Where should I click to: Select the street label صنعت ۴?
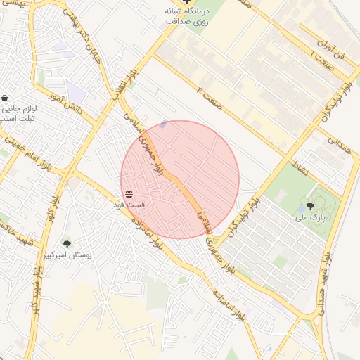tap(210, 96)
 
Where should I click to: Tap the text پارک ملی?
tap(310, 219)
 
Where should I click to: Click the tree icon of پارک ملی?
tap(310, 206)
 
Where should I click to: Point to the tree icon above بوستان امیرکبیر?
tap(67, 244)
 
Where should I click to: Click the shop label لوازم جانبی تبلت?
tap(15, 115)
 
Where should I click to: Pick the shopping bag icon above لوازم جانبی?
tap(6, 98)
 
